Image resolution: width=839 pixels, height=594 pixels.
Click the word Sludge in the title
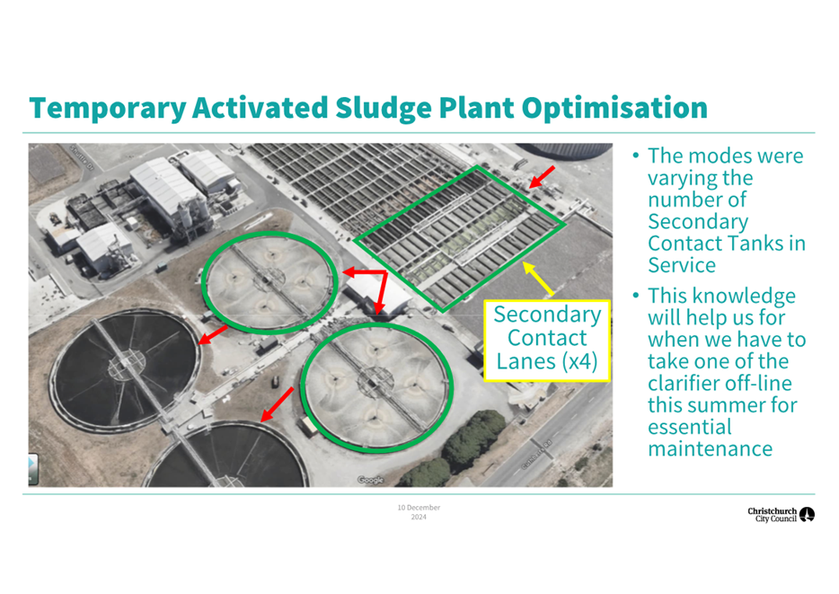click(383, 108)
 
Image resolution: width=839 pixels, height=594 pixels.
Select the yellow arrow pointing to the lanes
click(538, 279)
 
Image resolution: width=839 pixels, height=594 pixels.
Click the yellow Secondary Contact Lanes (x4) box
click(547, 341)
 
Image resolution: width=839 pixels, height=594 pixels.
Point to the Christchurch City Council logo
click(781, 515)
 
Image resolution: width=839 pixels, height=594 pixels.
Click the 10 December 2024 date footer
click(419, 512)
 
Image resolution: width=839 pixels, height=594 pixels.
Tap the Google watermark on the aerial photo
click(370, 480)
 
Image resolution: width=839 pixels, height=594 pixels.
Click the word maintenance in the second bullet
click(710, 449)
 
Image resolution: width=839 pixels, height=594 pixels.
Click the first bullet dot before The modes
click(636, 156)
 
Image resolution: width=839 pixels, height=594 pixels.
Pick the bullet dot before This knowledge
click(636, 296)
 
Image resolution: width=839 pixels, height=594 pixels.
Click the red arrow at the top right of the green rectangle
click(542, 177)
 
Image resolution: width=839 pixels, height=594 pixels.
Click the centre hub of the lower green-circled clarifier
click(372, 383)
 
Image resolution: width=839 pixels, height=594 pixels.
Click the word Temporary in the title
click(108, 108)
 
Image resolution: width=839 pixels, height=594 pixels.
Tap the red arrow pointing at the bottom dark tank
click(278, 404)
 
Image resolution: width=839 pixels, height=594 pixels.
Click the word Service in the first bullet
click(682, 265)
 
